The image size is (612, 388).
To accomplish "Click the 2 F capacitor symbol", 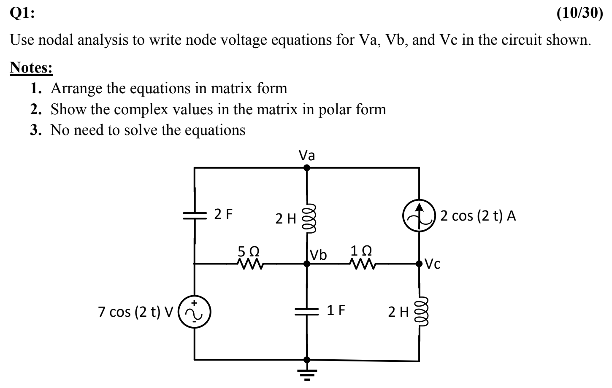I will pyautogui.click(x=195, y=216).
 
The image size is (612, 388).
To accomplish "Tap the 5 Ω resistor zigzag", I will pyautogui.click(x=250, y=264).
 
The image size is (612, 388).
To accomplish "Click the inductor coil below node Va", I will pyautogui.click(x=309, y=218).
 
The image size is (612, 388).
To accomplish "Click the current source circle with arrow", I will pyautogui.click(x=419, y=216).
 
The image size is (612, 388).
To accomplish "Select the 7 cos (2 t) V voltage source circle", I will pyautogui.click(x=195, y=312).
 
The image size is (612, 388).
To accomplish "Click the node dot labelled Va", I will pyautogui.click(x=307, y=167).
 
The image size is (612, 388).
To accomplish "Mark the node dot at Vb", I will pyautogui.click(x=307, y=264).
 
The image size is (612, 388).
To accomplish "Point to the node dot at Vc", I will pyautogui.click(x=419, y=264).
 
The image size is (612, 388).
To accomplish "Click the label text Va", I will pyautogui.click(x=307, y=156).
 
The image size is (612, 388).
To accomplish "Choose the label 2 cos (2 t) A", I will pyautogui.click(x=478, y=216).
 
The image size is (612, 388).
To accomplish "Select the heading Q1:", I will pyautogui.click(x=23, y=13).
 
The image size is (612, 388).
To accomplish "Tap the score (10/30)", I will pyautogui.click(x=580, y=13).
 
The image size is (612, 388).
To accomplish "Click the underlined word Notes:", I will pyautogui.click(x=32, y=67).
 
